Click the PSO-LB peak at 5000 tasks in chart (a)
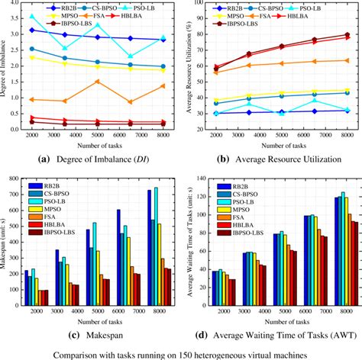pos(97,24)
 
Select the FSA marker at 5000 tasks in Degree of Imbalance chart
pos(97,81)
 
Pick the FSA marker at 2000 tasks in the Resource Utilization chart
pos(216,72)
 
